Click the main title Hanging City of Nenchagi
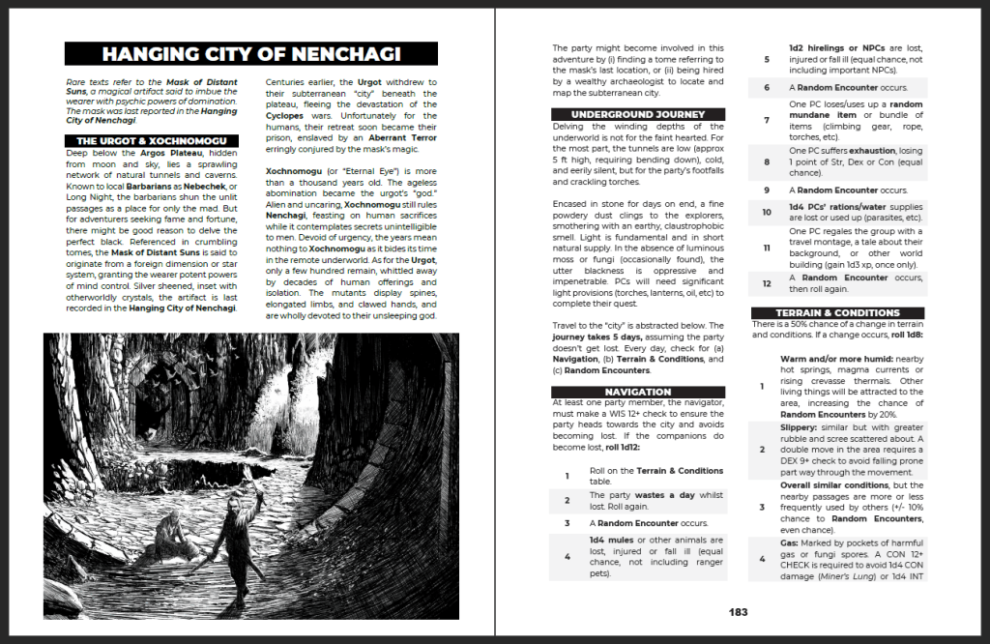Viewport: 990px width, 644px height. tap(250, 54)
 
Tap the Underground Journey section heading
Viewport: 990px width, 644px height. tap(638, 114)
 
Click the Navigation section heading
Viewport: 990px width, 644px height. tap(638, 392)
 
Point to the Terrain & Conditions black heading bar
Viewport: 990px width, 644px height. tap(838, 313)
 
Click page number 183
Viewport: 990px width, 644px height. tap(739, 611)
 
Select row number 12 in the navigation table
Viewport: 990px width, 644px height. tap(765, 283)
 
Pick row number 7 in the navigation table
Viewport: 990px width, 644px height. tap(765, 120)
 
